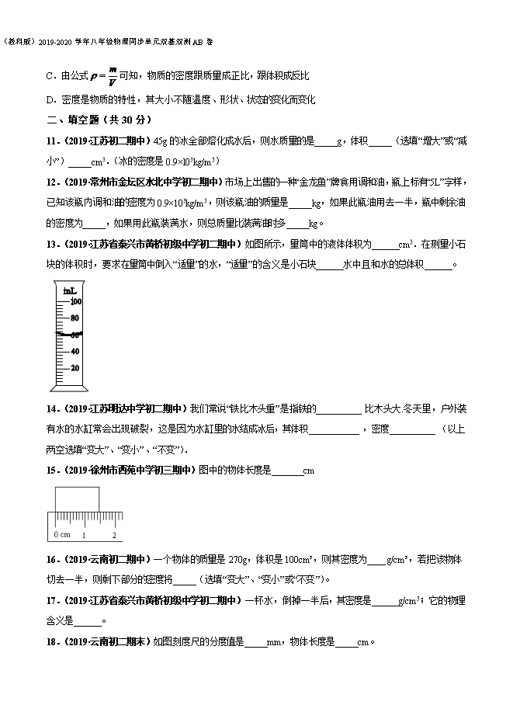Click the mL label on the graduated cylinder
coord(68,290)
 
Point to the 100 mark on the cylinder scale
coord(75,301)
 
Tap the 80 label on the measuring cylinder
coord(75,318)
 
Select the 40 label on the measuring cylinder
coord(75,351)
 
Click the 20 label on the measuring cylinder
coord(75,367)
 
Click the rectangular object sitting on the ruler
coord(76,498)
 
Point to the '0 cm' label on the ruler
coord(62,535)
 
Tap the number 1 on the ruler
coord(85,535)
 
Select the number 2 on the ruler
coord(114,535)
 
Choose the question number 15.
coord(53,470)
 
